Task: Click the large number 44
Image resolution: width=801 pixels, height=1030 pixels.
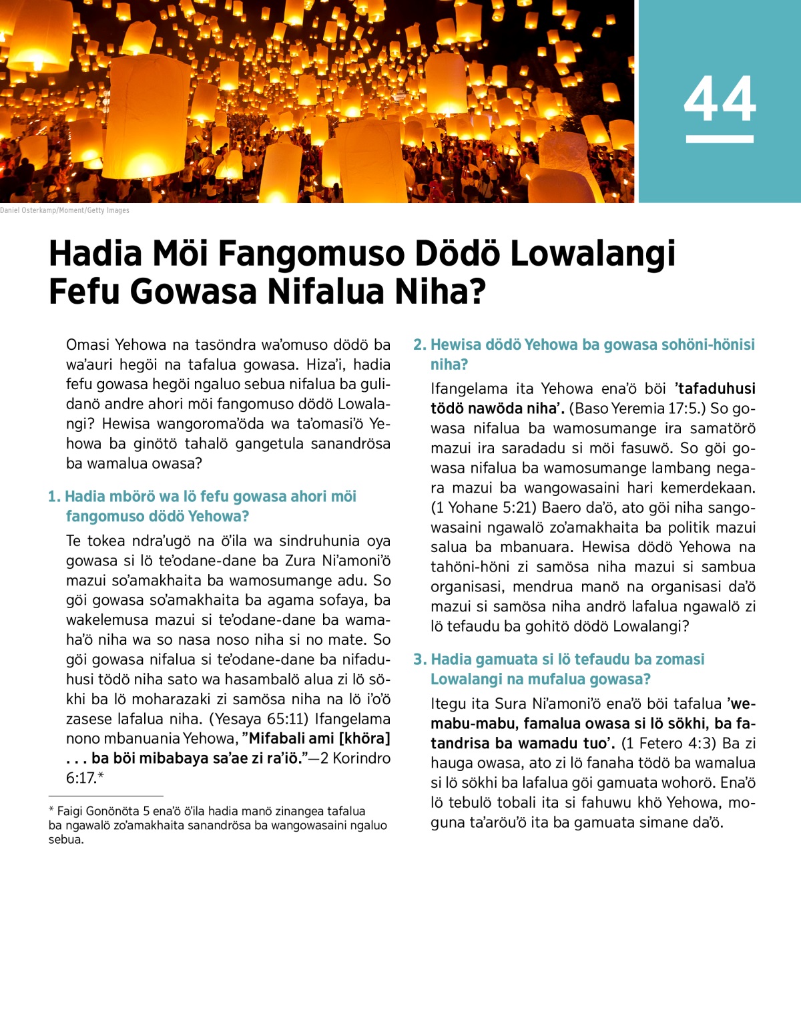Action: click(x=720, y=99)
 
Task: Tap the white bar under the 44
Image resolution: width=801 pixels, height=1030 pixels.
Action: click(x=720, y=139)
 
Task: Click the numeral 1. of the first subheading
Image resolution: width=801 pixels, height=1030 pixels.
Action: click(x=54, y=497)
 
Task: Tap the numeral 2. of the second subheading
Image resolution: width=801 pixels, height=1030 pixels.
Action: click(x=419, y=345)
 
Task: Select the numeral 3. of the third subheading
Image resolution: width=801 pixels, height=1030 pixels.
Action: click(x=419, y=660)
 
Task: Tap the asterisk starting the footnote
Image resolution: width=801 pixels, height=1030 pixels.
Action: click(x=51, y=810)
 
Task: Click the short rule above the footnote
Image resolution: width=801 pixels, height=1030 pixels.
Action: click(x=105, y=796)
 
